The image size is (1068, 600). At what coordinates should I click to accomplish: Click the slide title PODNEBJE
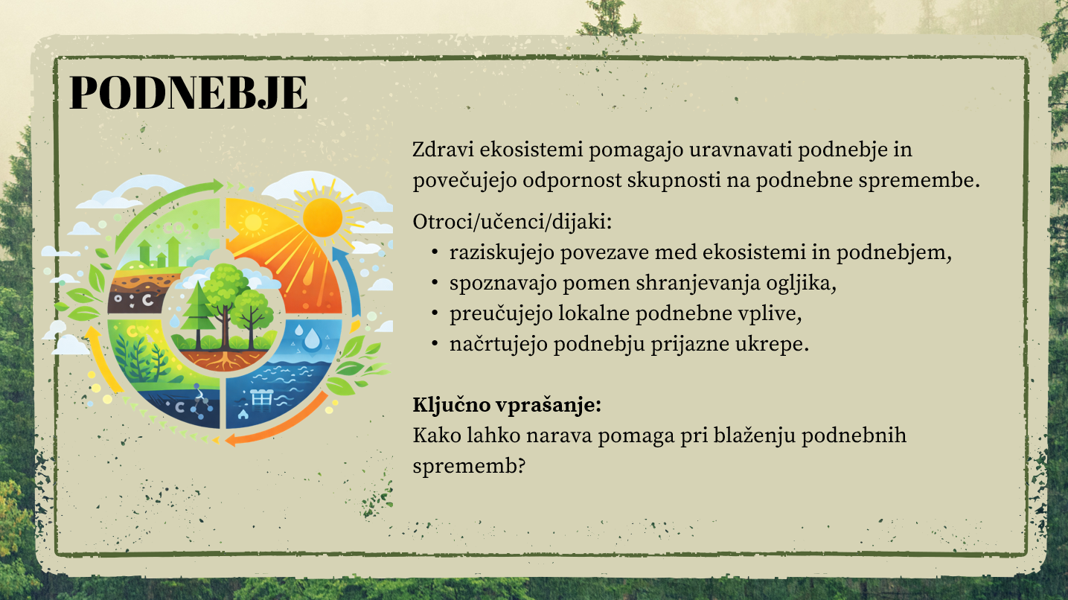tap(189, 92)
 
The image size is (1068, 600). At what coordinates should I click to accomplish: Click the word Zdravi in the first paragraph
tap(444, 150)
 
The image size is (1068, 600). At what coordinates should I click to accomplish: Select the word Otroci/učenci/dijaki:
tap(512, 223)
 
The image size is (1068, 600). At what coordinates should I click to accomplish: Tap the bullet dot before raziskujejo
tap(435, 252)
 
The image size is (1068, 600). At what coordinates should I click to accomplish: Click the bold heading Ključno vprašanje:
tap(507, 405)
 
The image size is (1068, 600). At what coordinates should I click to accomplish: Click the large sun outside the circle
tap(323, 217)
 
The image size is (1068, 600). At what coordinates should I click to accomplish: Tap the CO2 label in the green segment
tap(176, 229)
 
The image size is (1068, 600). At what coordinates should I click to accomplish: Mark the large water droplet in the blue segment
tap(313, 339)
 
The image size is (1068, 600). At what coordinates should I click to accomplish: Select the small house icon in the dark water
tap(243, 414)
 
